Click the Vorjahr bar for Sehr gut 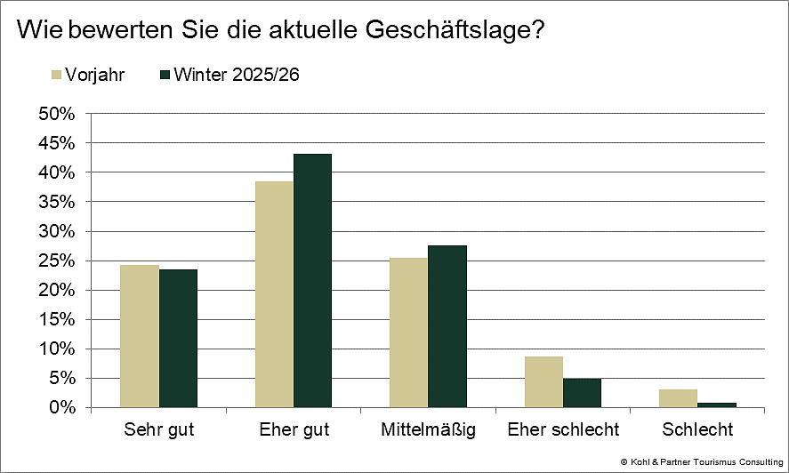(140, 336)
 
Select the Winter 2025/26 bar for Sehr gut (178, 339)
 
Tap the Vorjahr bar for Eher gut (274, 294)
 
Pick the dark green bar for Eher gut (312, 281)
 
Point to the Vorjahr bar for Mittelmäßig (408, 333)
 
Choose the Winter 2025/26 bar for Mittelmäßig (447, 326)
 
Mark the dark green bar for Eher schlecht (582, 393)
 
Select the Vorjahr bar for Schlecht (678, 398)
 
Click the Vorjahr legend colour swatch (60, 74)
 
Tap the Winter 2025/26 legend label (237, 74)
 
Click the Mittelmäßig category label (428, 430)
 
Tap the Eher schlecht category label (563, 430)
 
